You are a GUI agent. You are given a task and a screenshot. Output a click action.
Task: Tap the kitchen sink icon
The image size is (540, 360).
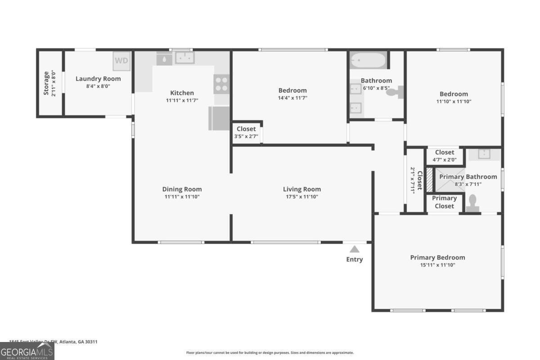(x=184, y=58)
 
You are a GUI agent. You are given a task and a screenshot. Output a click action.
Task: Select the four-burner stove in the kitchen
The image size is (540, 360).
(x=221, y=84)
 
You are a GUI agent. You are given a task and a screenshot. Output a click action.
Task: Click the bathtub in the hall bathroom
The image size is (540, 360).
(x=368, y=60)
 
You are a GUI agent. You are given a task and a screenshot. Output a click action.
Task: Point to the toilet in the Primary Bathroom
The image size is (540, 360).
(x=473, y=203)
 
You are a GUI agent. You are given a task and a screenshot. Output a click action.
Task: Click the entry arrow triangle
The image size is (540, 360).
(x=355, y=249)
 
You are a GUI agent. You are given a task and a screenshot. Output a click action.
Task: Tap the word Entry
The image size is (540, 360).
(x=355, y=259)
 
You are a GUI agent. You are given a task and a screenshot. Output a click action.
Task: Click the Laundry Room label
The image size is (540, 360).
(x=98, y=79)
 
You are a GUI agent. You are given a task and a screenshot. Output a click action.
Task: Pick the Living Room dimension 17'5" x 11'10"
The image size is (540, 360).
(x=301, y=197)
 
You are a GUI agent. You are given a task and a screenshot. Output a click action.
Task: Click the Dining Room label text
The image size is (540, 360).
(x=182, y=189)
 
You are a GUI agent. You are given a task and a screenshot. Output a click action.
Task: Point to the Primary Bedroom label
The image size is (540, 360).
(x=437, y=257)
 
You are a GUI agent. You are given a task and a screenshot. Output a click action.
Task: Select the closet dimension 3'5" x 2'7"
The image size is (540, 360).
(x=246, y=136)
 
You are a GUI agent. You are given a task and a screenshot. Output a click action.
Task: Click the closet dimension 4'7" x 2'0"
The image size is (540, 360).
(x=445, y=159)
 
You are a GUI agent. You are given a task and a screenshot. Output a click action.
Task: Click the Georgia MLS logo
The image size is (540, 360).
(x=27, y=351)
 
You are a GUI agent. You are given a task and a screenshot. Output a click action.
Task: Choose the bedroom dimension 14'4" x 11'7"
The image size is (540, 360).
(x=292, y=98)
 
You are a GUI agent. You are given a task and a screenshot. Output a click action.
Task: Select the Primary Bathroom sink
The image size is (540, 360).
(x=484, y=154)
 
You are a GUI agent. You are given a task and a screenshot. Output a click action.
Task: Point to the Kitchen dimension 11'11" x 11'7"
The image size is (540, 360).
(x=182, y=100)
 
